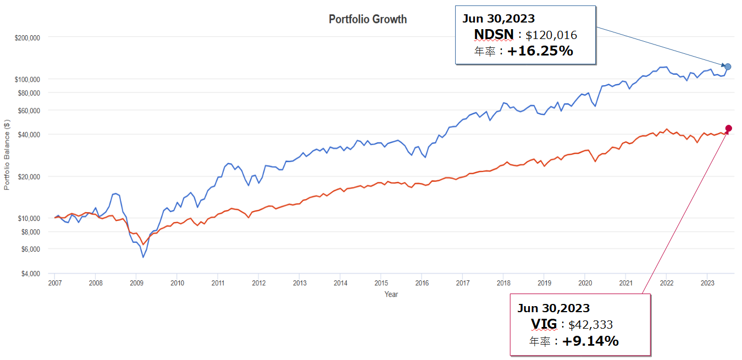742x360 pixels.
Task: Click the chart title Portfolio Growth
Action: (x=368, y=19)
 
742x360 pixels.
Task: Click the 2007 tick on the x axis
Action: (x=54, y=283)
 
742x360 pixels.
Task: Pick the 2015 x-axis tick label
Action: (x=381, y=283)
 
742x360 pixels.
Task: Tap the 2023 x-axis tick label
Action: (x=707, y=283)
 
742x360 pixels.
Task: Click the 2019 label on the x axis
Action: (x=544, y=283)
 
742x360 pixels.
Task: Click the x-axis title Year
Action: (x=391, y=294)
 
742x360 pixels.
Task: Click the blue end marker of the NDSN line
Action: (x=728, y=67)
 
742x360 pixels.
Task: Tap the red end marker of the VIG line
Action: (x=729, y=129)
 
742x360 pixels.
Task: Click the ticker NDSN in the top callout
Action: (x=494, y=35)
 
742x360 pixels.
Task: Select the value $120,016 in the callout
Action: (x=551, y=36)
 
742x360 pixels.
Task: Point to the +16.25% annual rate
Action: (x=540, y=52)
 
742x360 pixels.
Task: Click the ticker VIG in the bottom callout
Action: (x=544, y=324)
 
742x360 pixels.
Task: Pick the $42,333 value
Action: (x=590, y=325)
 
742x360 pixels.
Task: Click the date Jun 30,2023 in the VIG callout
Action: (x=553, y=308)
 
